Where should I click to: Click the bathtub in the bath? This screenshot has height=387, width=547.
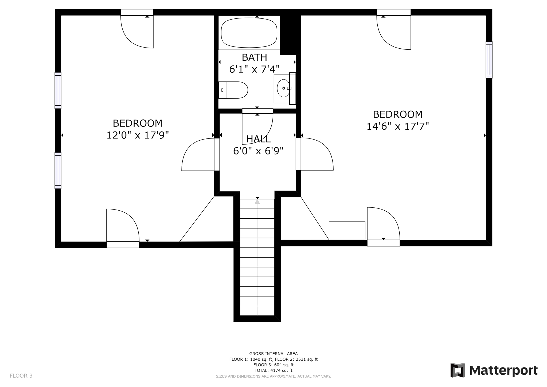pos(249,33)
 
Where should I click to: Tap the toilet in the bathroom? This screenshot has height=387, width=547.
pos(233,90)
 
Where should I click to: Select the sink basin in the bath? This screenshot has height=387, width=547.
pos(283,88)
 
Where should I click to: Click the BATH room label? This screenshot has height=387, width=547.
pos(254,57)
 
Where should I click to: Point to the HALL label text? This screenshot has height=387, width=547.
pos(258,139)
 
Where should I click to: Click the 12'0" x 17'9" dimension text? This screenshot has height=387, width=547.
pos(138,135)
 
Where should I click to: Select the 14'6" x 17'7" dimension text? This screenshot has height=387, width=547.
pos(397,126)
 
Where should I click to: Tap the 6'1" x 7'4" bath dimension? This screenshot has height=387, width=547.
pos(254,69)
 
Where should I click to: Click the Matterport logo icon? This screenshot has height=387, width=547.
pos(458,370)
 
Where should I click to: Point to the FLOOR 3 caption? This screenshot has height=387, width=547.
pos(21,376)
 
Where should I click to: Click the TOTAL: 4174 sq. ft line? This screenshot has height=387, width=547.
pos(273,370)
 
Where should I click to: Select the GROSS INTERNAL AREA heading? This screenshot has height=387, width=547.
pos(273,354)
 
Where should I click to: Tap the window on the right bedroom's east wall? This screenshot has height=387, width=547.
pos(489,60)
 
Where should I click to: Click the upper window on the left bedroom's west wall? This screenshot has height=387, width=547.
pos(58,91)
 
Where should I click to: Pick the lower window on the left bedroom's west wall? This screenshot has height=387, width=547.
pos(58,171)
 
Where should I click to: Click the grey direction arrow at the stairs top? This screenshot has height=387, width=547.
pos(257,201)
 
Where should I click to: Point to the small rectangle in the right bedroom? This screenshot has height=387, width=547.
pos(347,230)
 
